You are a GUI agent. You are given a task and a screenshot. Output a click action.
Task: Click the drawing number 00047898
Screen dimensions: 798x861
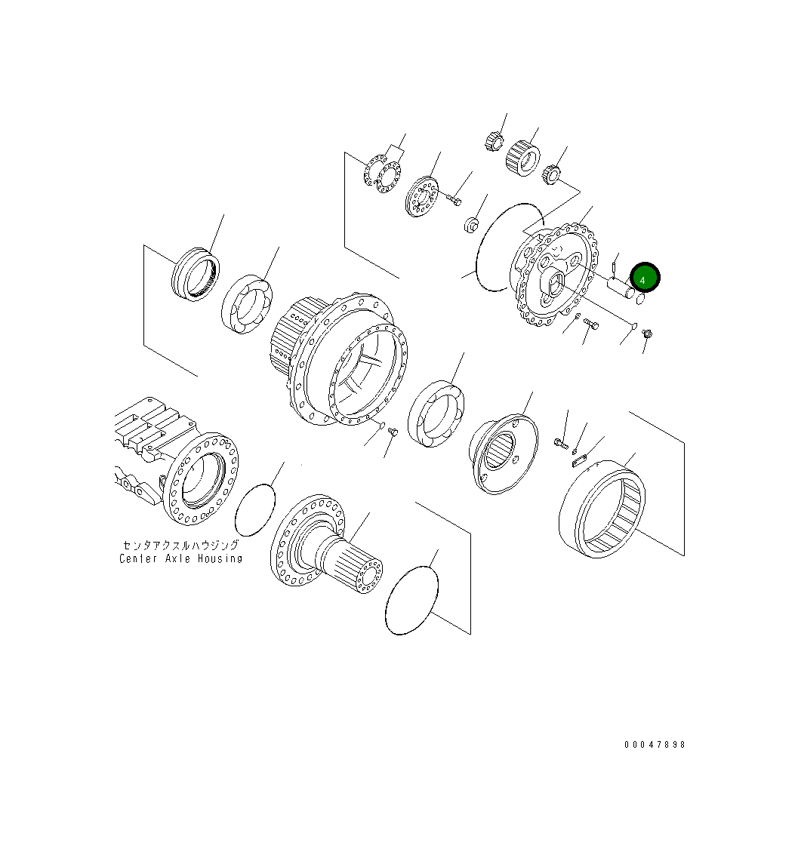point(655,745)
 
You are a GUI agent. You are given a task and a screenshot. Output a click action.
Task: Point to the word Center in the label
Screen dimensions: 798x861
point(138,558)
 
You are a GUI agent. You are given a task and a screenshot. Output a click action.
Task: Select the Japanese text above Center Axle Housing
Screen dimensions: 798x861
point(180,546)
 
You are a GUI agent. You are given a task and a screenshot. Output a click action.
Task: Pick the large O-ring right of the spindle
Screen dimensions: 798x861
point(412,600)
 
